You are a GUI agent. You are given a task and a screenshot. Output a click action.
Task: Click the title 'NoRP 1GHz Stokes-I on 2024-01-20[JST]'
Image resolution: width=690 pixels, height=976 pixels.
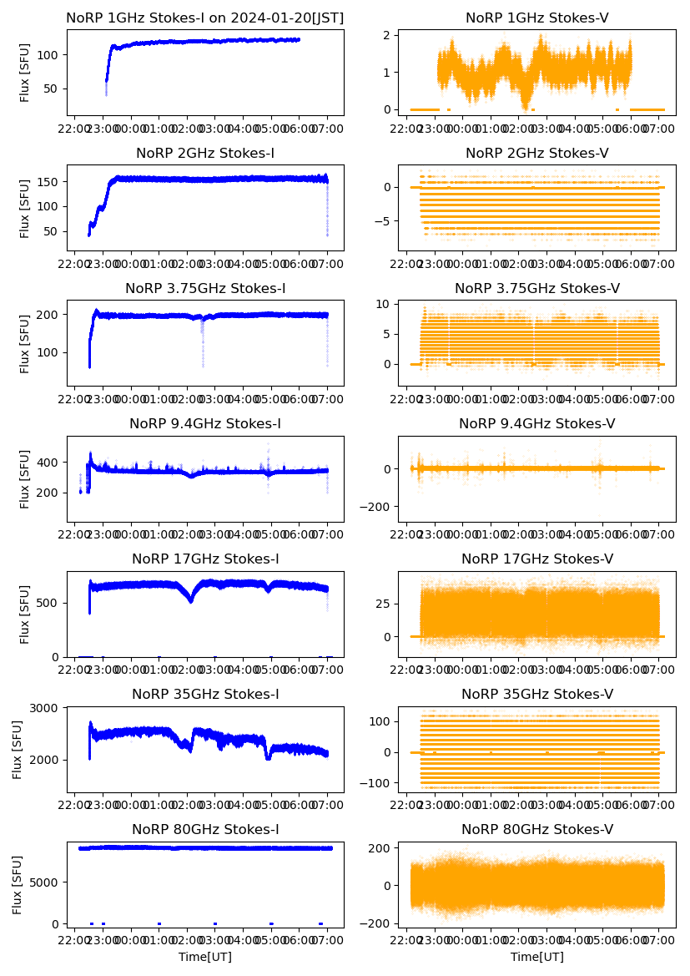pos(204,18)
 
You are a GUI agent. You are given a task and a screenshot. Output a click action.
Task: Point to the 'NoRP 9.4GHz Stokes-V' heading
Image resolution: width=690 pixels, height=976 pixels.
pos(536,423)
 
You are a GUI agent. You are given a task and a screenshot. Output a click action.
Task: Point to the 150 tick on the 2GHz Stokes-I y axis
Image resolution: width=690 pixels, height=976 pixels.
pos(48,181)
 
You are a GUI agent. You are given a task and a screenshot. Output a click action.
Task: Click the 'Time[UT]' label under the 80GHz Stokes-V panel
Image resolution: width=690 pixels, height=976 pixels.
pos(536,957)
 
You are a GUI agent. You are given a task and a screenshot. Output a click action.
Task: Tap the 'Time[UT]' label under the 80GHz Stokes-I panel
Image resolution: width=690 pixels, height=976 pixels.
pos(204,957)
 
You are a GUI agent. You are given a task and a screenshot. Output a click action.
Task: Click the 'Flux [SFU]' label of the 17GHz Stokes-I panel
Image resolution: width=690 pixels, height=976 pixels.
pos(25,614)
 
